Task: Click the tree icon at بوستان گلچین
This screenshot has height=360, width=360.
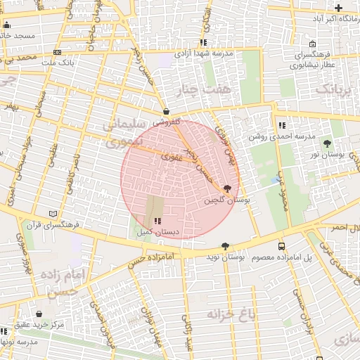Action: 226,189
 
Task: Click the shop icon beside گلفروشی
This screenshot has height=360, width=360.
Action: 166,111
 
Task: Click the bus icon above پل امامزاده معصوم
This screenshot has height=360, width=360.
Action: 282,247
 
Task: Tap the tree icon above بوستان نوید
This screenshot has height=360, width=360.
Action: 225,246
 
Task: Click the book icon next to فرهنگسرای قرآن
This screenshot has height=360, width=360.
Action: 53,214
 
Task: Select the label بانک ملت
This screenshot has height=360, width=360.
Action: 58,63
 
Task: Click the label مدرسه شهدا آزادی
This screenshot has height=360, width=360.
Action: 202,53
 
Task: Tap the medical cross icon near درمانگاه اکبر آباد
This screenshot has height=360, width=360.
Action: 338,8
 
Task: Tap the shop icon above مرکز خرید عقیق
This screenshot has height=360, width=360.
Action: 39,314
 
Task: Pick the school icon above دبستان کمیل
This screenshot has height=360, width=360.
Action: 156,220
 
